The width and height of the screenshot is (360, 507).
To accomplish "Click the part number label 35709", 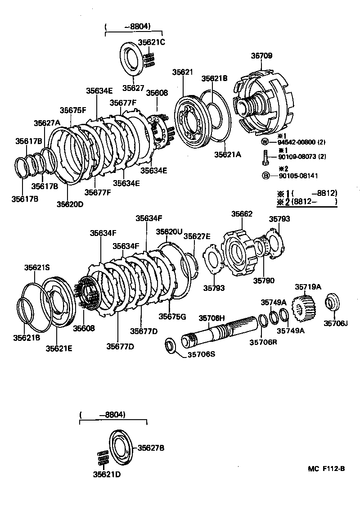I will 261,56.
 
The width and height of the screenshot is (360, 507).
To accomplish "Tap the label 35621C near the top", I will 152,42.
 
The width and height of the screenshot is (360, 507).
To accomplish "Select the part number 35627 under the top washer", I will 134,88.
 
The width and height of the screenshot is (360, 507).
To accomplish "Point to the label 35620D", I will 70,204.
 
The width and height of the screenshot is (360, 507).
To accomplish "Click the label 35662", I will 242,214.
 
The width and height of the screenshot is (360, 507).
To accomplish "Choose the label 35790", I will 263,281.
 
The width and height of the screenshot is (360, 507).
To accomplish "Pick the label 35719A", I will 308,286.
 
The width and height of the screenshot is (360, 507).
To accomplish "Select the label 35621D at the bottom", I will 107,474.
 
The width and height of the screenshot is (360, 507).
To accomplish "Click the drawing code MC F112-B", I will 326,469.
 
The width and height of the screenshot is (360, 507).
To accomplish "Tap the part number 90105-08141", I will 297,176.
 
